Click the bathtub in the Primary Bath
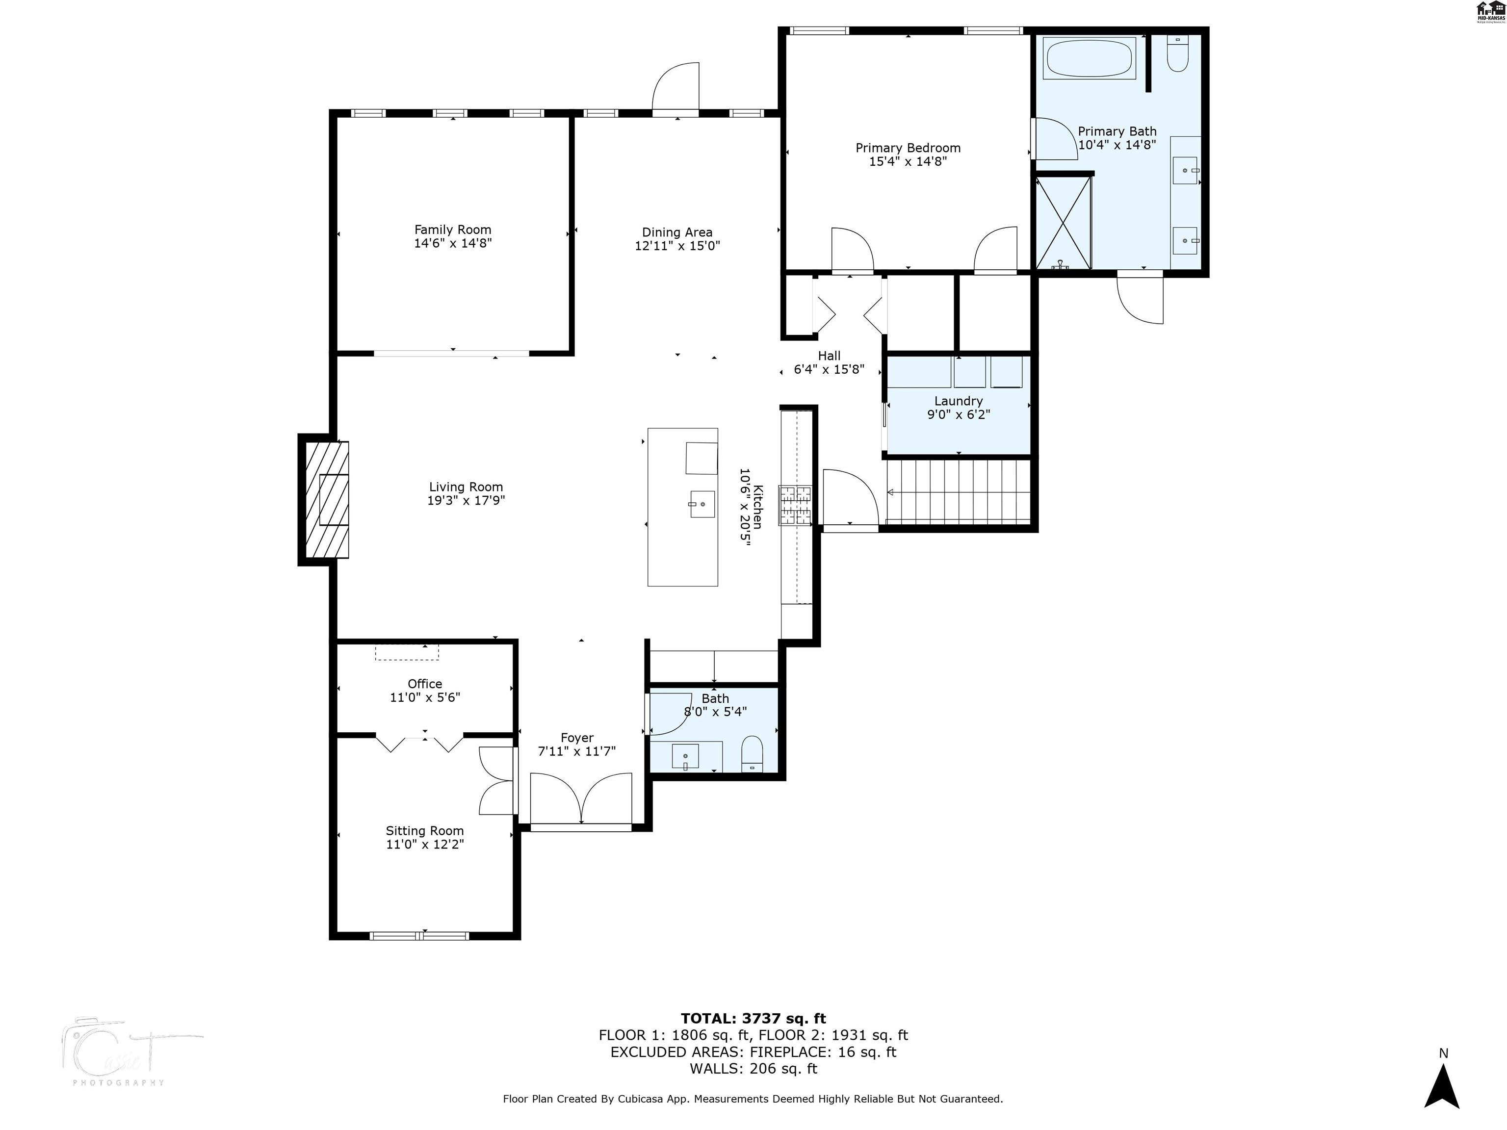tap(1089, 58)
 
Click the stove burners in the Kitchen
tap(796, 505)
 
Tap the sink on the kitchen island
tap(702, 504)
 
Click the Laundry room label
tap(958, 401)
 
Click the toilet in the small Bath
tap(752, 754)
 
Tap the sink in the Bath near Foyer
tap(685, 756)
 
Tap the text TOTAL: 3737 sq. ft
tap(753, 1018)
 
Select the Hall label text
tap(829, 356)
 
